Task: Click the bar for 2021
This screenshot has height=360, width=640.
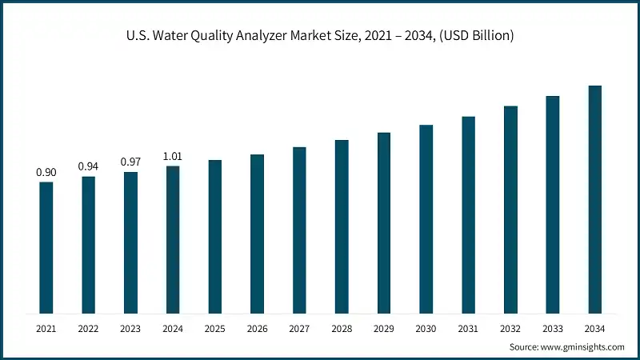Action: [46, 248]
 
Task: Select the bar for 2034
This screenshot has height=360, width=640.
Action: [594, 199]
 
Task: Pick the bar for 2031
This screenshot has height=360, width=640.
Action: [468, 215]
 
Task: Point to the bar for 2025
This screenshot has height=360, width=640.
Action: [215, 237]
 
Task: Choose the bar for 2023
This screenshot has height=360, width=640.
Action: [130, 242]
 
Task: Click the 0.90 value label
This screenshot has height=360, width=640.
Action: [46, 172]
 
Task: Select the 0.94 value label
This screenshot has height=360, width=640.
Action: [88, 166]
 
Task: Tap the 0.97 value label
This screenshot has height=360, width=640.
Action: [130, 162]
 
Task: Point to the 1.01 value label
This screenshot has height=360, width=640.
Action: [173, 156]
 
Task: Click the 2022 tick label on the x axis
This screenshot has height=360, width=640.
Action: [88, 329]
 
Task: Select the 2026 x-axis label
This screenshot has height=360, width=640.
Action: [257, 329]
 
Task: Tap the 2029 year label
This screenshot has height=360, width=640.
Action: [384, 329]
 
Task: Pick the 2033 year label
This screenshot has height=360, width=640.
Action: [552, 329]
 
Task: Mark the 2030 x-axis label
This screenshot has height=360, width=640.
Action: [426, 329]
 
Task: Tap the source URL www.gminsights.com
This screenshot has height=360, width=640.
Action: [584, 347]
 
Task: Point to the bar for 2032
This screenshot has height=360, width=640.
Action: [510, 210]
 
